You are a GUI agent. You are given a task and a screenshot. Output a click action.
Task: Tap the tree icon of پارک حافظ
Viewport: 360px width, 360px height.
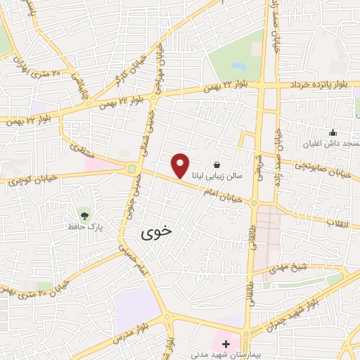pyautogui.click(x=85, y=215)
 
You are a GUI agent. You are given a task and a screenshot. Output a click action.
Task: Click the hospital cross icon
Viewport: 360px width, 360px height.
pyautogui.click(x=226, y=345)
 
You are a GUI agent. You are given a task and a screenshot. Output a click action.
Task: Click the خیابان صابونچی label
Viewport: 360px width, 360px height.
pyautogui.click(x=338, y=169)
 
